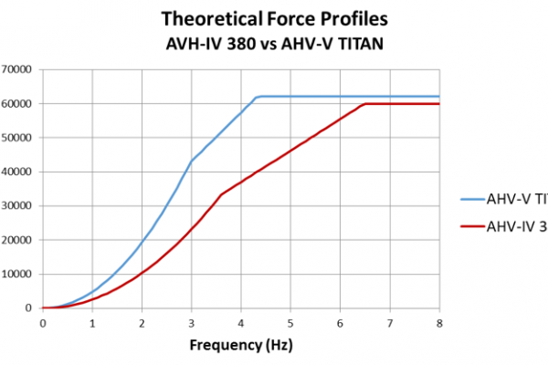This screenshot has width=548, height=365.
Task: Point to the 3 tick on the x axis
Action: click(191, 322)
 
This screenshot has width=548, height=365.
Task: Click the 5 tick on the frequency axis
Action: click(290, 322)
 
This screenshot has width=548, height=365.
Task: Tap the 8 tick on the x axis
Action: click(439, 322)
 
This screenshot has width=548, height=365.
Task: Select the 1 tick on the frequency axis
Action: click(92, 322)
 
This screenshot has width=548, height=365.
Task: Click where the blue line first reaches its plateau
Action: click(258, 97)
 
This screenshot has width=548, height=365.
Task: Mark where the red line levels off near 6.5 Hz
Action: click(365, 104)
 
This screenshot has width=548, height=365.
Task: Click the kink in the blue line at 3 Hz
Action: click(191, 162)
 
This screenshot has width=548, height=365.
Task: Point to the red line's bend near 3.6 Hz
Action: click(221, 194)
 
